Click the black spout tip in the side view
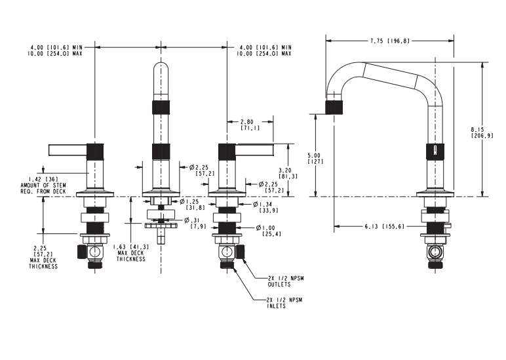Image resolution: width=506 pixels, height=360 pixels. point(334,107)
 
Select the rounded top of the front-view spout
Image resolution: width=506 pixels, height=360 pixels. point(161,69)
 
